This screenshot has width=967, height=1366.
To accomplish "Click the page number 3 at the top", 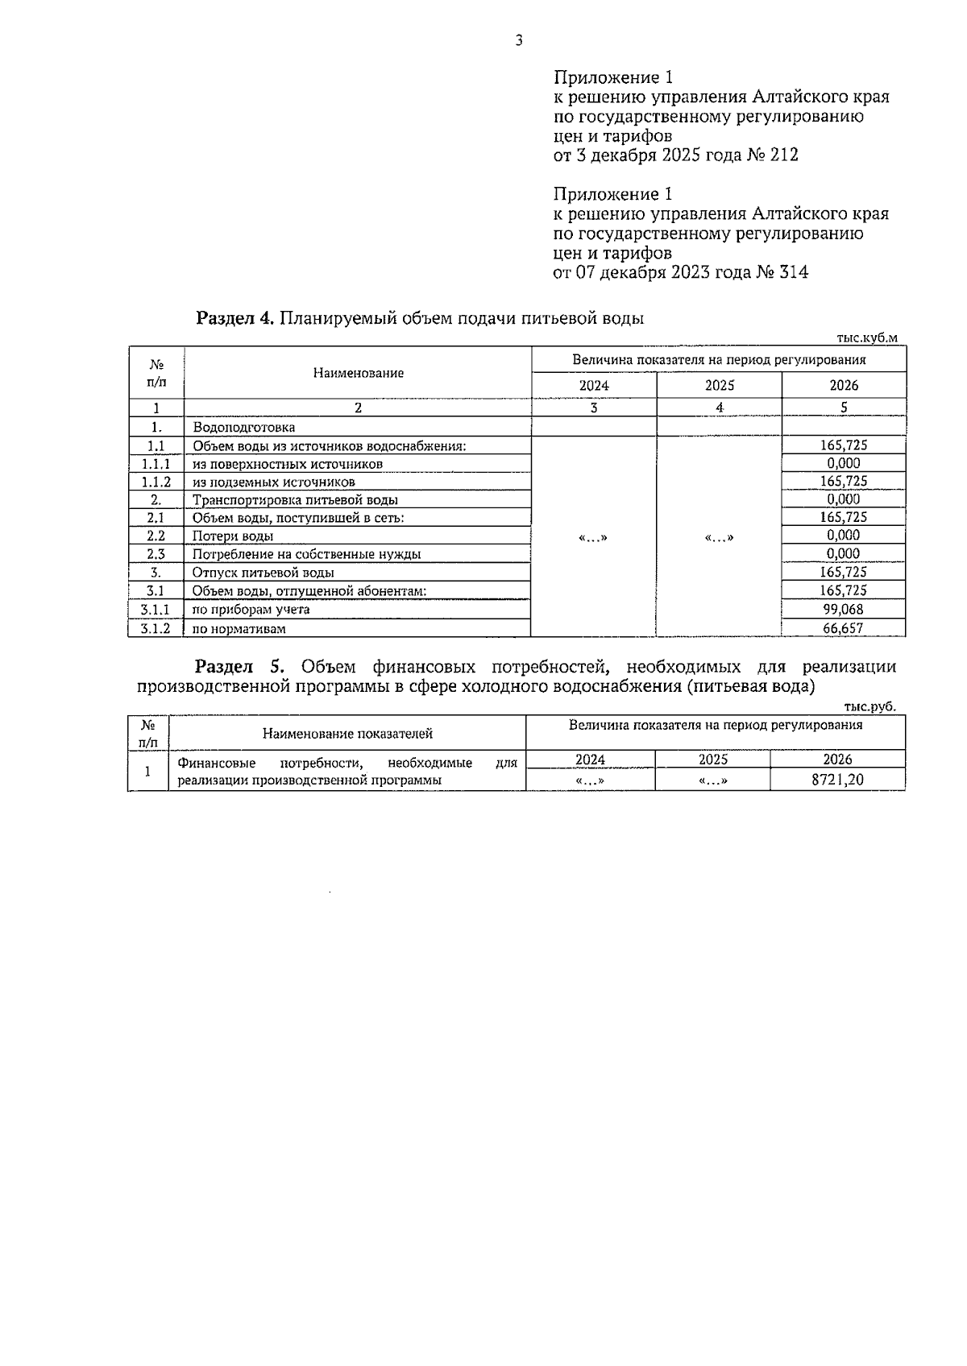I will (x=518, y=40).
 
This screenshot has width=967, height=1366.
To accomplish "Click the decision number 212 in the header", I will (x=783, y=155).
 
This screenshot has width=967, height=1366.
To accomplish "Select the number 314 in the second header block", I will (x=793, y=273).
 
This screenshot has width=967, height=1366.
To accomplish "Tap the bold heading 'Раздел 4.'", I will (x=235, y=318).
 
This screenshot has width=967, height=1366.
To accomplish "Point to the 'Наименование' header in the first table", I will (x=358, y=373).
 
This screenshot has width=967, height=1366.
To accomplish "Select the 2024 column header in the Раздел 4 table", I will (x=594, y=386).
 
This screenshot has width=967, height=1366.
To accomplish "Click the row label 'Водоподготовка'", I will (x=243, y=427).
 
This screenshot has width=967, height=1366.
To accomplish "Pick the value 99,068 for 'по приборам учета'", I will (x=843, y=610).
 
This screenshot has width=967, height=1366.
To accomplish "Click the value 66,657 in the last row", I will (x=843, y=628).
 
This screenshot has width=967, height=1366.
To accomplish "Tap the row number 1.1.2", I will (x=156, y=482).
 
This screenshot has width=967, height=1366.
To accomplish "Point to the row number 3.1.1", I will (x=156, y=610).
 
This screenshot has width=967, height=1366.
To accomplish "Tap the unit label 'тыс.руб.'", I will (x=869, y=706).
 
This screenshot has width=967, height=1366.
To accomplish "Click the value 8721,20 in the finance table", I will (x=837, y=780).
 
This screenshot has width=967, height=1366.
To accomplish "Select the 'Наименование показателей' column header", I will (x=347, y=734).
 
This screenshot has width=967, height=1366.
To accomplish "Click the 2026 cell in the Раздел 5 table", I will (x=837, y=760).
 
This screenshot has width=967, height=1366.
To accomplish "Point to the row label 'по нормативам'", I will (x=239, y=629).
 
